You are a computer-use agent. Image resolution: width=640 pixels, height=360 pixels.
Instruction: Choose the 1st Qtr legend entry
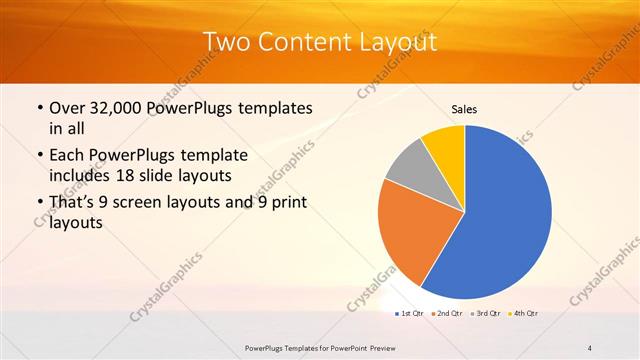tap(411, 314)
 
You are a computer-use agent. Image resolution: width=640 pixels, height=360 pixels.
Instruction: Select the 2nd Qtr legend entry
tap(448, 314)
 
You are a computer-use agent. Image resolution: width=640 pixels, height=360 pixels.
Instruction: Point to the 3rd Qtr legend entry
tap(486, 314)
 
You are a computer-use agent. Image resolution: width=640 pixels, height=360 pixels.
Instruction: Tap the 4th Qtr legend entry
tap(524, 314)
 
